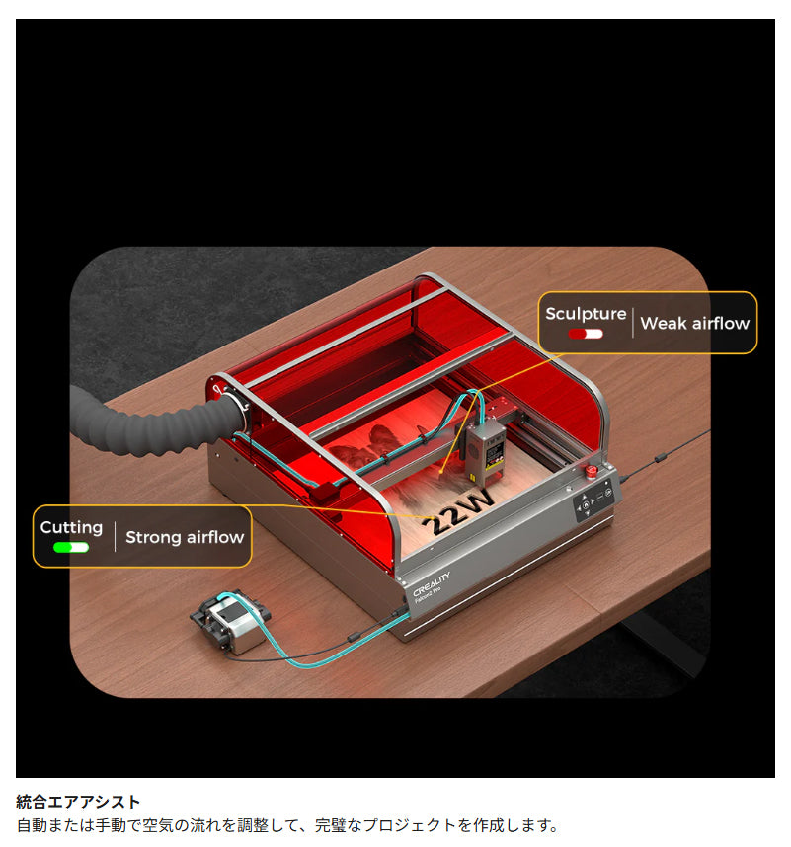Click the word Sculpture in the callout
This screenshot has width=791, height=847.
click(586, 314)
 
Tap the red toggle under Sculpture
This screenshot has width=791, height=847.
click(586, 334)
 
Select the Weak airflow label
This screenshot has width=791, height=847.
click(695, 323)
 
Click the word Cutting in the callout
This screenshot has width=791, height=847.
click(71, 528)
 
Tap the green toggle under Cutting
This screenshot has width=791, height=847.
click(71, 547)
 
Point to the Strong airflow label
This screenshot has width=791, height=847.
click(185, 537)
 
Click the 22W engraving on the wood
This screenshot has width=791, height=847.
click(458, 513)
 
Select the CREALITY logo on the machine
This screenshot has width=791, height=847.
click(432, 584)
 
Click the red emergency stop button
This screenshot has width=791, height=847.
click(592, 471)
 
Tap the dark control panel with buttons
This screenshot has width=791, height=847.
click(593, 503)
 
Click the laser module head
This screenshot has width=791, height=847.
click(485, 451)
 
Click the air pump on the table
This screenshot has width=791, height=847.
click(231, 621)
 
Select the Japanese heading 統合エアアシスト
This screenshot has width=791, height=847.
click(78, 802)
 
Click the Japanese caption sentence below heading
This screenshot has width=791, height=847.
click(287, 825)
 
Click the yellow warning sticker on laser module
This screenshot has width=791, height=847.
click(472, 478)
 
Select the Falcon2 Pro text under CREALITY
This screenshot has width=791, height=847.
click(428, 594)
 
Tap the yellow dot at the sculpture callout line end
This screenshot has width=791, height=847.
click(441, 472)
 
